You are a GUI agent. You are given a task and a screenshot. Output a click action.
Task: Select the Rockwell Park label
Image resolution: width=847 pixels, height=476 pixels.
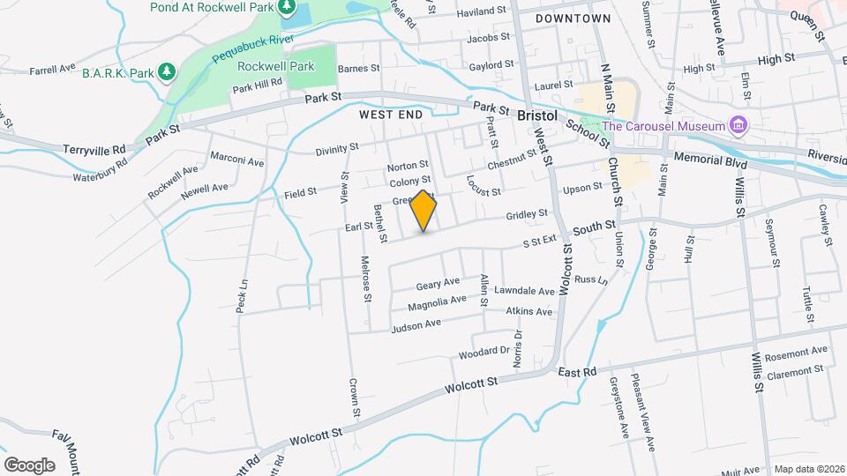[x=276, y=65]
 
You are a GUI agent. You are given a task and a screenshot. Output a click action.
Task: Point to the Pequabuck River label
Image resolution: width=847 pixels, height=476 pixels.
[x=251, y=52]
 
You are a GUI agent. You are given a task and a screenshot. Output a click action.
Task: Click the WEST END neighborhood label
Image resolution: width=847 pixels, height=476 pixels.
[x=392, y=115]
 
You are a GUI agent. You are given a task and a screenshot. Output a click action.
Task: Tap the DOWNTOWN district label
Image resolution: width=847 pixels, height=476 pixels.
[x=573, y=18]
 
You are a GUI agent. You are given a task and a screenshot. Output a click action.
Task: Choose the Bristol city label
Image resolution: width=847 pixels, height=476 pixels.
[x=537, y=115]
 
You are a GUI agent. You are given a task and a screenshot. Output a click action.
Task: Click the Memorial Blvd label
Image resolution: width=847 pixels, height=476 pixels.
[x=710, y=160]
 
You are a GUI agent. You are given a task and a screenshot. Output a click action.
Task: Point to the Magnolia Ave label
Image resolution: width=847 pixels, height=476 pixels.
[x=437, y=303]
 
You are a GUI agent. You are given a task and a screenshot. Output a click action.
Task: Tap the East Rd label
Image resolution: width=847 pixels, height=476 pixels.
[x=578, y=373]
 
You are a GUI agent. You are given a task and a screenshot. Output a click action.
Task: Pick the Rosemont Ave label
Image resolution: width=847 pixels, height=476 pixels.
[x=796, y=354]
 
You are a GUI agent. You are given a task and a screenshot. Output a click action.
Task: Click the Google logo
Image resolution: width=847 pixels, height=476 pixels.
[x=29, y=465]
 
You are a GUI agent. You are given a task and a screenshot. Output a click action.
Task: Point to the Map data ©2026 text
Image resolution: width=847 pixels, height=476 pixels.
[x=809, y=469]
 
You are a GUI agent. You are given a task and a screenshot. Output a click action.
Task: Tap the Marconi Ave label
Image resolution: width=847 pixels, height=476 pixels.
[x=236, y=160]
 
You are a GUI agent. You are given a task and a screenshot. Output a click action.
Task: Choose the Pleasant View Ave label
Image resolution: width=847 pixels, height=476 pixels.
[x=643, y=416]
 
